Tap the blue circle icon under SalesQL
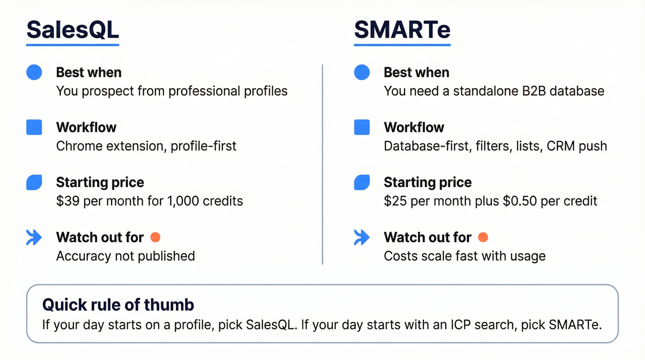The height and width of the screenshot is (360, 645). pyautogui.click(x=34, y=72)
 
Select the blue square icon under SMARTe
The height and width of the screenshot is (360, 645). pyautogui.click(x=362, y=127)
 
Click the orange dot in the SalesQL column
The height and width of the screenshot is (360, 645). pyautogui.click(x=155, y=237)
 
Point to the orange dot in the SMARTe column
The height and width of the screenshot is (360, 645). pyautogui.click(x=483, y=237)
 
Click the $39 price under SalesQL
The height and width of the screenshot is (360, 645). pyautogui.click(x=65, y=201)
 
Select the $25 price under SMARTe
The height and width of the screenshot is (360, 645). pyautogui.click(x=393, y=201)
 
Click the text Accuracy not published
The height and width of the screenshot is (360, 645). pyautogui.click(x=125, y=256)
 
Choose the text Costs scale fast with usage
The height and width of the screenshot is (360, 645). pyautogui.click(x=464, y=256)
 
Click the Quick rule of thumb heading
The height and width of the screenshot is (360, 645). pyautogui.click(x=118, y=305)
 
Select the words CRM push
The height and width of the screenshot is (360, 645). pyautogui.click(x=577, y=146)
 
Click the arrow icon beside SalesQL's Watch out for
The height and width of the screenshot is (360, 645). pyautogui.click(x=34, y=237)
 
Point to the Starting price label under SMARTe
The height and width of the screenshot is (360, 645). pyautogui.click(x=428, y=183)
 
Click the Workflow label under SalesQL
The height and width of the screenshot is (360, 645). pyautogui.click(x=86, y=127)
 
